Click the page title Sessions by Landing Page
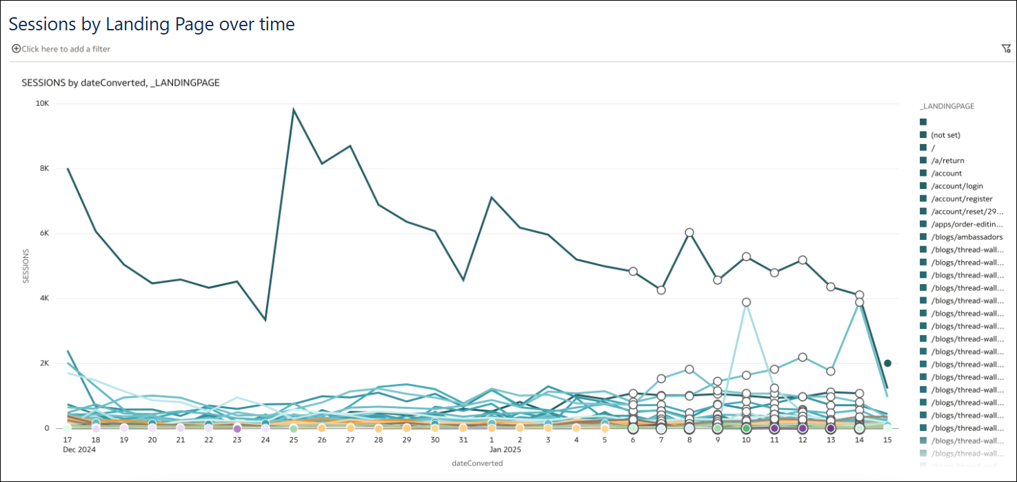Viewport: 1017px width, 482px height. pos(151,24)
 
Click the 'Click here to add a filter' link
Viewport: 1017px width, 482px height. pos(66,49)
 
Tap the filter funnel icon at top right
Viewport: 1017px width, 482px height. pos(1006,48)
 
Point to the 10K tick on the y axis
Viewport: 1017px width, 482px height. pos(42,103)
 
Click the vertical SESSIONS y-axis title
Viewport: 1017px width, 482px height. pos(26,266)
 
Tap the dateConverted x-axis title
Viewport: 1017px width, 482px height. pos(476,463)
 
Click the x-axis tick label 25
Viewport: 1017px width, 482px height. pos(293,439)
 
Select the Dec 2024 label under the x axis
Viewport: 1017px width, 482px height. pos(79,450)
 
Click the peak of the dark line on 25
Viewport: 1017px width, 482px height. pos(294,109)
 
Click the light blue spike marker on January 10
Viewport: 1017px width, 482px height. pos(746,302)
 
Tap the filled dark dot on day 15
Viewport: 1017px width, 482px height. pos(888,363)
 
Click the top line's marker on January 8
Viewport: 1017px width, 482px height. pos(689,232)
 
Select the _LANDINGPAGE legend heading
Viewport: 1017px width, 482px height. pos(946,107)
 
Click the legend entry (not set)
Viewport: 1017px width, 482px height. pos(945,135)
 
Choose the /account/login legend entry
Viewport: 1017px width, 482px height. pos(956,186)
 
